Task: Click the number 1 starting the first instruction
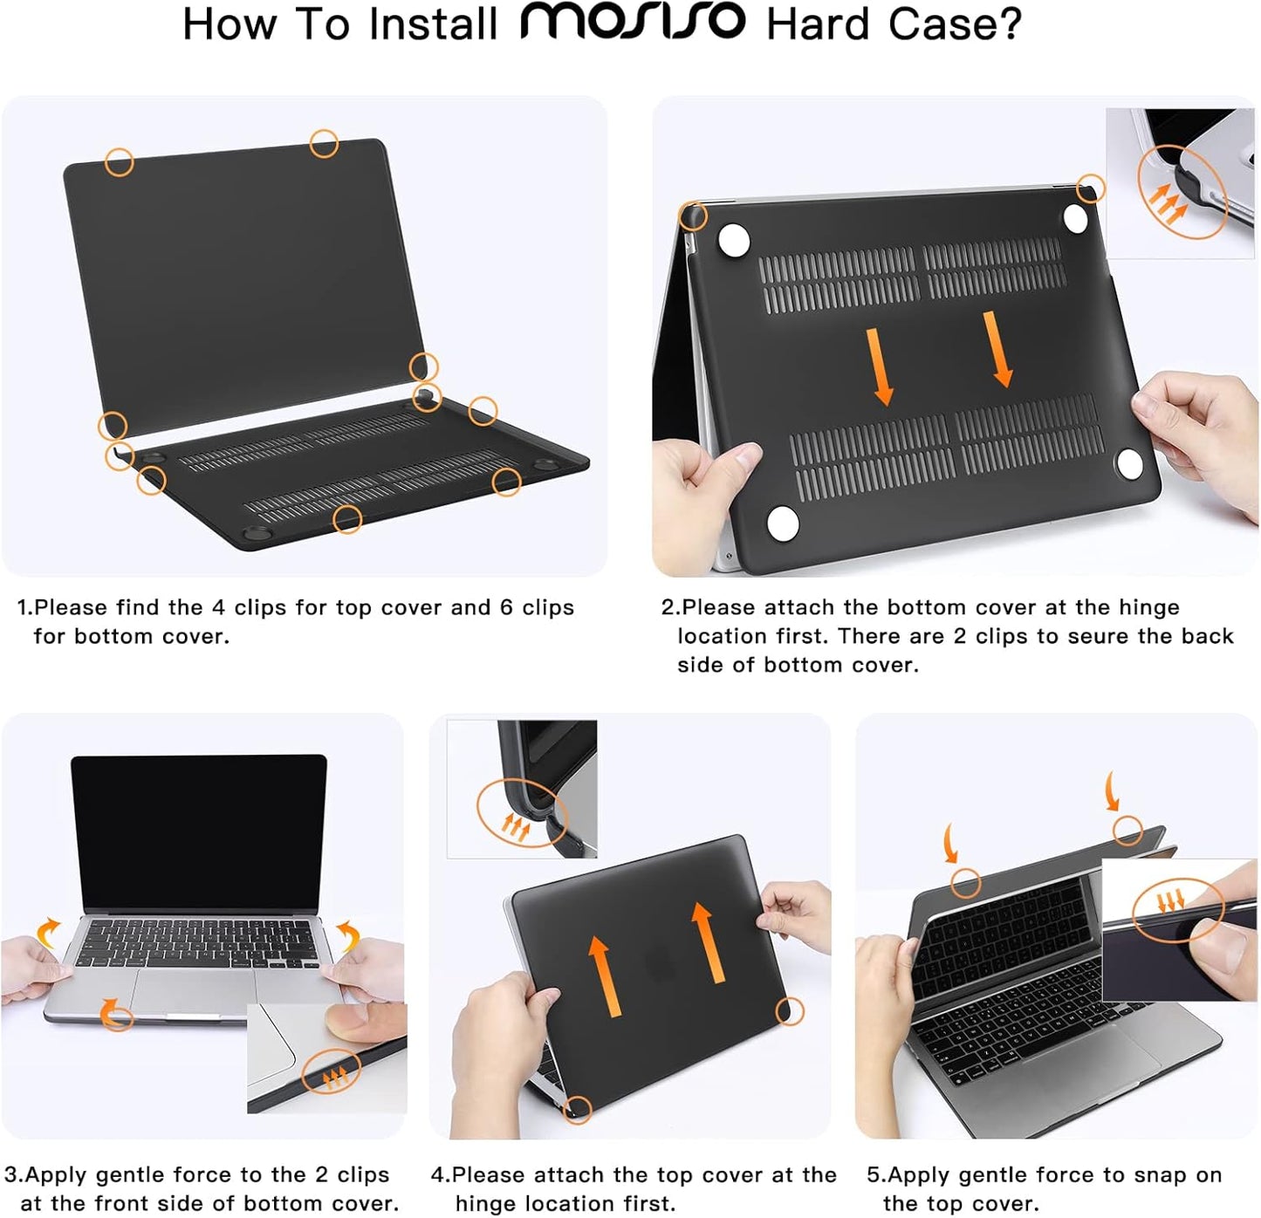point(24,607)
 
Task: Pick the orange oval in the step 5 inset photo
point(1178,909)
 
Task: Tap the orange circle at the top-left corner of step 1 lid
point(119,161)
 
